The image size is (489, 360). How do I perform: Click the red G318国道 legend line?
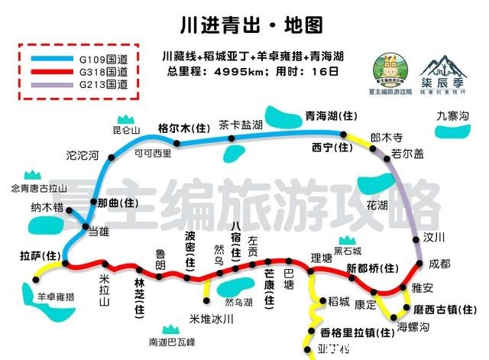[x=50, y=71]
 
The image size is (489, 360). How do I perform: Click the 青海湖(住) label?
[x=331, y=116]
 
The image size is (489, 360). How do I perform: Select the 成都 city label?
[x=439, y=263]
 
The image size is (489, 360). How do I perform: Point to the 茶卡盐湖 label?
[x=240, y=124]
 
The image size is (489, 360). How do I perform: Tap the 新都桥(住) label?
[x=373, y=268]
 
